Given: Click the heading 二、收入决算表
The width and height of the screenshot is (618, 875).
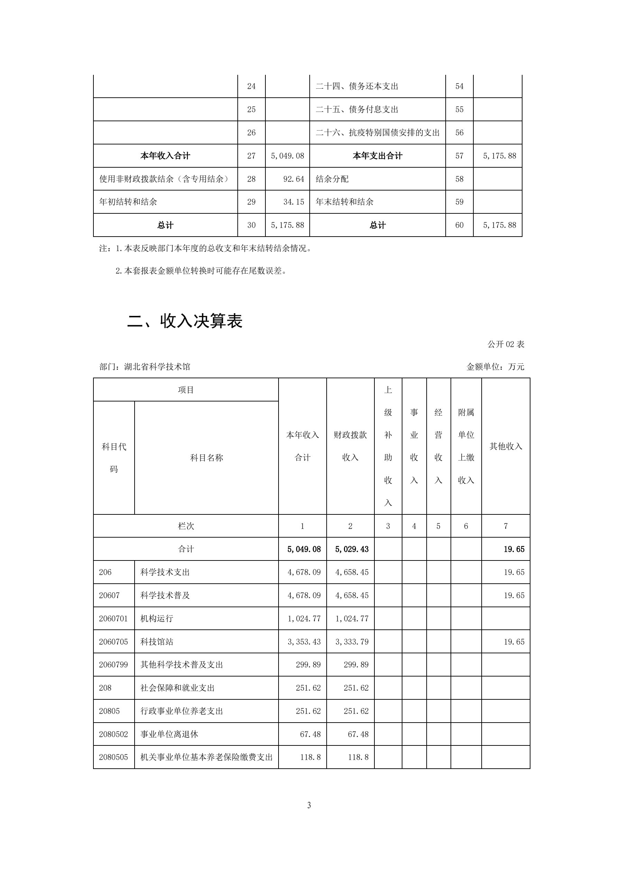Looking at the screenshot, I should coord(184,321).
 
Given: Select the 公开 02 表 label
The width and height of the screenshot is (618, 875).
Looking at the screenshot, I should coord(506,344).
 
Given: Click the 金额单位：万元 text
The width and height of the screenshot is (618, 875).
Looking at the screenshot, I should coord(495,366).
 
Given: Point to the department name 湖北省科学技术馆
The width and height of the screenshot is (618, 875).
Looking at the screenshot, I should coord(157,366).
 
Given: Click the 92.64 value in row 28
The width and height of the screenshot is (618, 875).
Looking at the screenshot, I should coord(293,179).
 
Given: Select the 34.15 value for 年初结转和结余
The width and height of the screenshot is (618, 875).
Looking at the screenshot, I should coord(293,202).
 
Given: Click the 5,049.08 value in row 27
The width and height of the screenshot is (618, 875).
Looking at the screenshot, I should coord(287,156).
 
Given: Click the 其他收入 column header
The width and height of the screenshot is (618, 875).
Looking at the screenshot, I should coord(505,446).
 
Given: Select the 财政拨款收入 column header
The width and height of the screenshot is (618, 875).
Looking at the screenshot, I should coord(350,446).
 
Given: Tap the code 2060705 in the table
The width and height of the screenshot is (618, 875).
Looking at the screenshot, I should coord(113,642).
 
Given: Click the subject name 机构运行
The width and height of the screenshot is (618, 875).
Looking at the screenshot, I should coord(156,618).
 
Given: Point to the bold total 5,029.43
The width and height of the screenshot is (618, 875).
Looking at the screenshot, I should coord(352,549).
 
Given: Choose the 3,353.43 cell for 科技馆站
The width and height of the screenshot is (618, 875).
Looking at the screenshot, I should coord(304,642).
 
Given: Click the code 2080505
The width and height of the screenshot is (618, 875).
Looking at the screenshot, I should coord(113,757).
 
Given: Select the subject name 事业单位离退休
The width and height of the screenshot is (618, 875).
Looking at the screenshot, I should coord(169,734).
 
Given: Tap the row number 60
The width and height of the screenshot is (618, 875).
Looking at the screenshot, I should coord(459,225).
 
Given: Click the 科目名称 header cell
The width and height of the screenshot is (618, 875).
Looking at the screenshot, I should coord(206,458).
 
